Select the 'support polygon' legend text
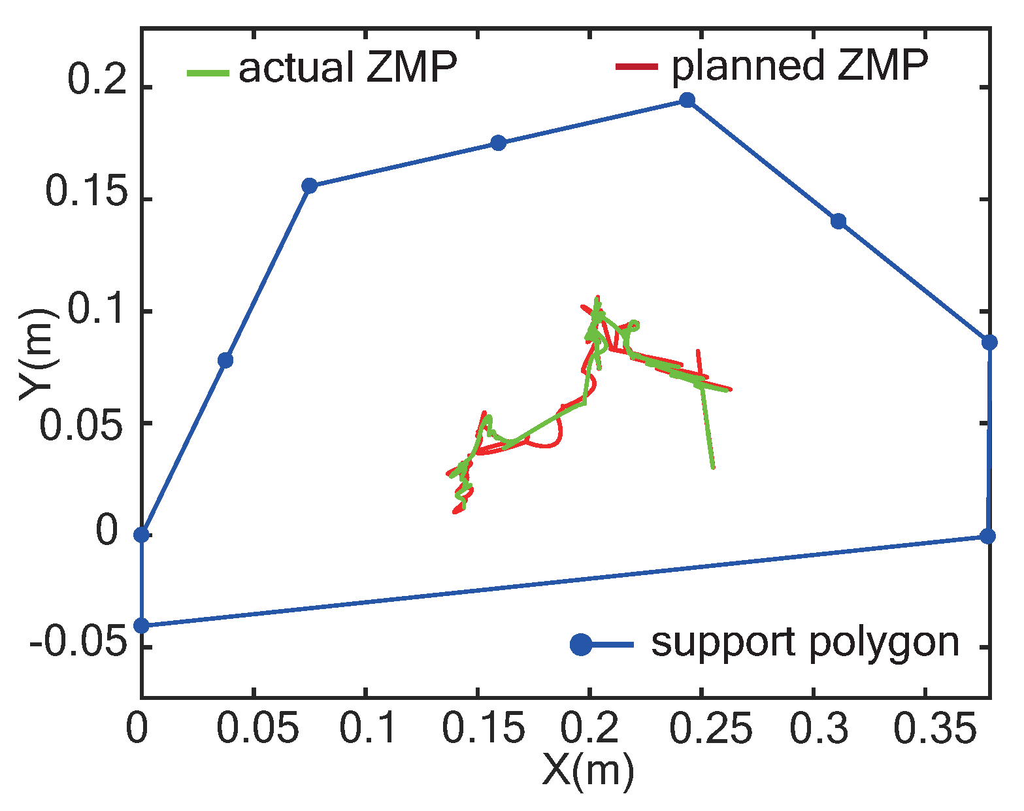pyautogui.click(x=805, y=643)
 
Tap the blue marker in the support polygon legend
pyautogui.click(x=580, y=644)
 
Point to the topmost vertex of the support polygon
pyautogui.click(x=687, y=100)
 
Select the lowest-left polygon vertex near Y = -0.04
pyautogui.click(x=142, y=625)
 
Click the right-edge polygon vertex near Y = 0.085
pyautogui.click(x=989, y=342)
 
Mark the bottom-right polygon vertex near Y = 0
pyautogui.click(x=988, y=537)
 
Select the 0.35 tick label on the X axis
pyautogui.click(x=925, y=729)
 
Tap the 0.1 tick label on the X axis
pyautogui.click(x=368, y=729)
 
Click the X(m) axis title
pyautogui.click(x=587, y=772)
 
